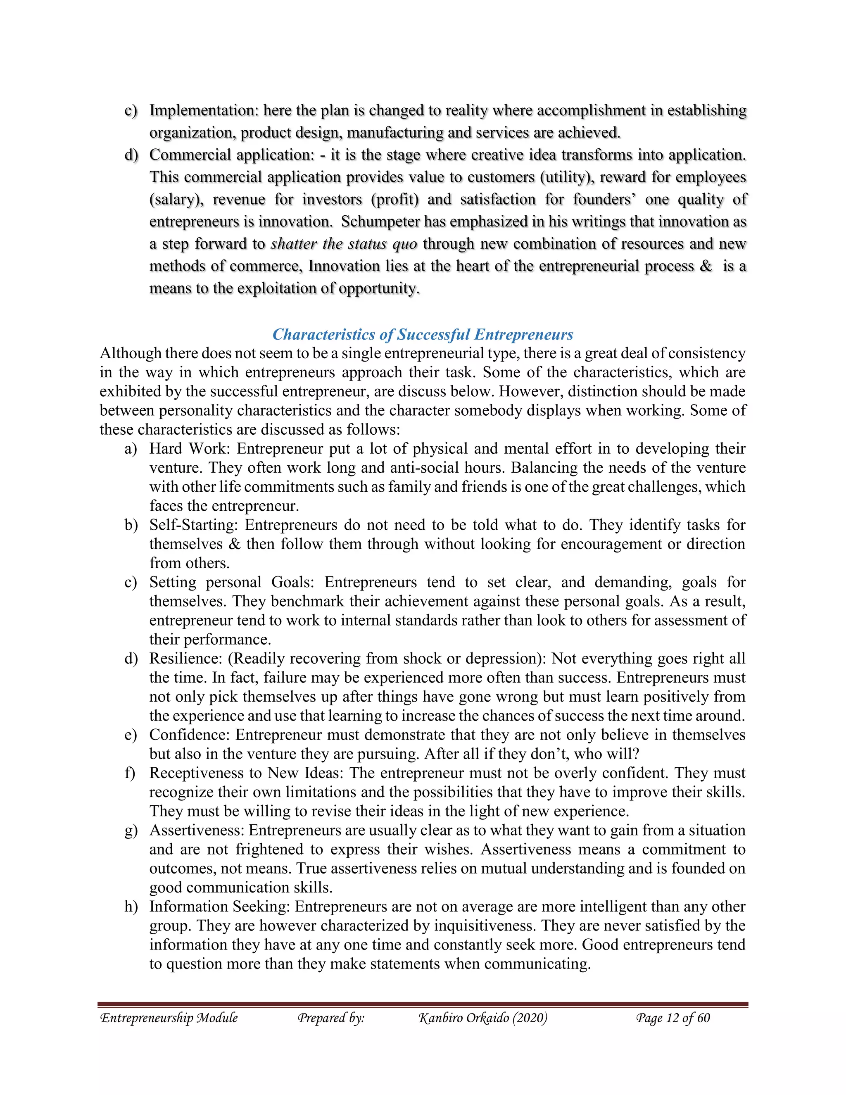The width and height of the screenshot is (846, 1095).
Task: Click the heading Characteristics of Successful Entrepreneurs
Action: coord(423,334)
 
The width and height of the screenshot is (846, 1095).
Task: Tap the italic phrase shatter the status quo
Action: coord(344,244)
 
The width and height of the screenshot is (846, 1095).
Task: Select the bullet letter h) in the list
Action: coord(131,907)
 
